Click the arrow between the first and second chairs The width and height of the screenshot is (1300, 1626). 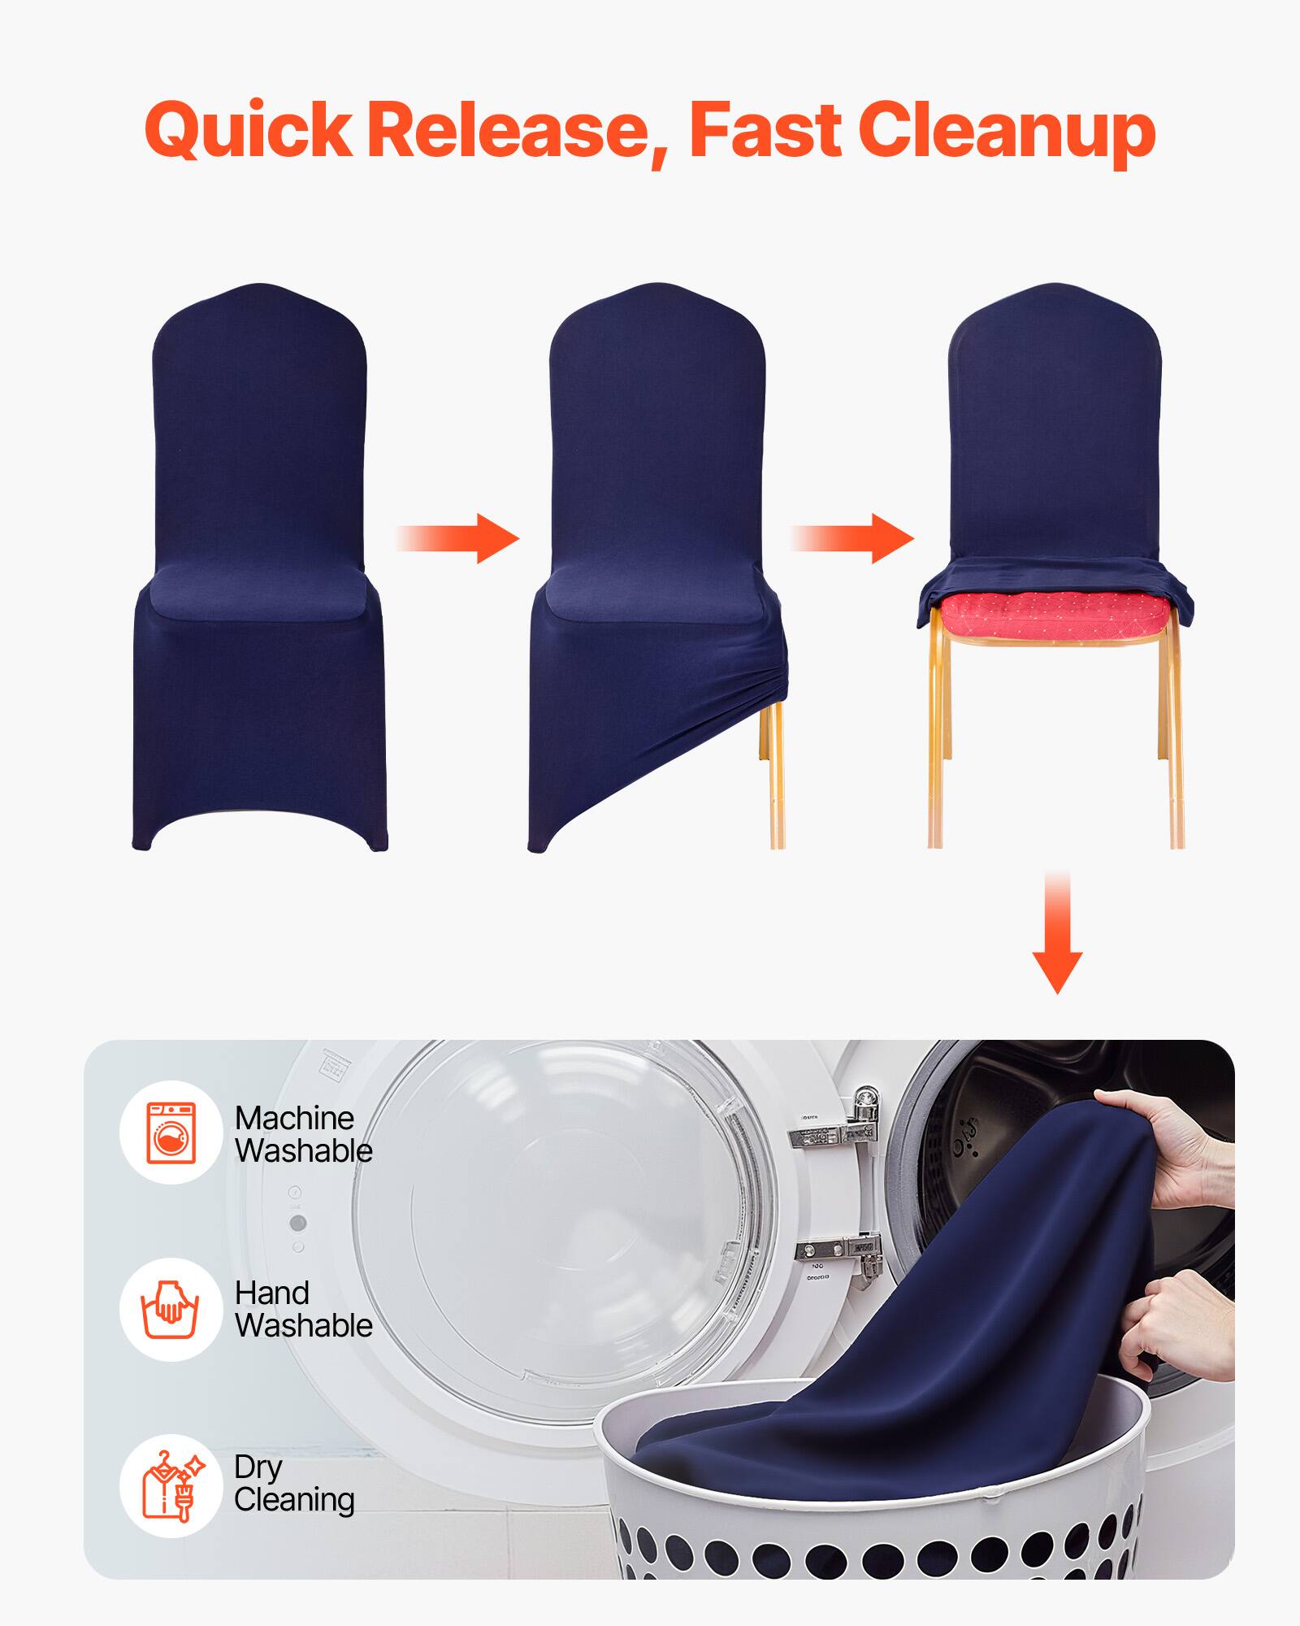[459, 538]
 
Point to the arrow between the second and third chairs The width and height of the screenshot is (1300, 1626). [853, 538]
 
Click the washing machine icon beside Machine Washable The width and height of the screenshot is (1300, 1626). [171, 1133]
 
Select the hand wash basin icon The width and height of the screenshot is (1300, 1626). [171, 1310]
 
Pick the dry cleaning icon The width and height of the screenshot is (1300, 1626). [171, 1485]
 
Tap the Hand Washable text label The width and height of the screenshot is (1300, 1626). [303, 1310]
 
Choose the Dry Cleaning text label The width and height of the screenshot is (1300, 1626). [294, 1485]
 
